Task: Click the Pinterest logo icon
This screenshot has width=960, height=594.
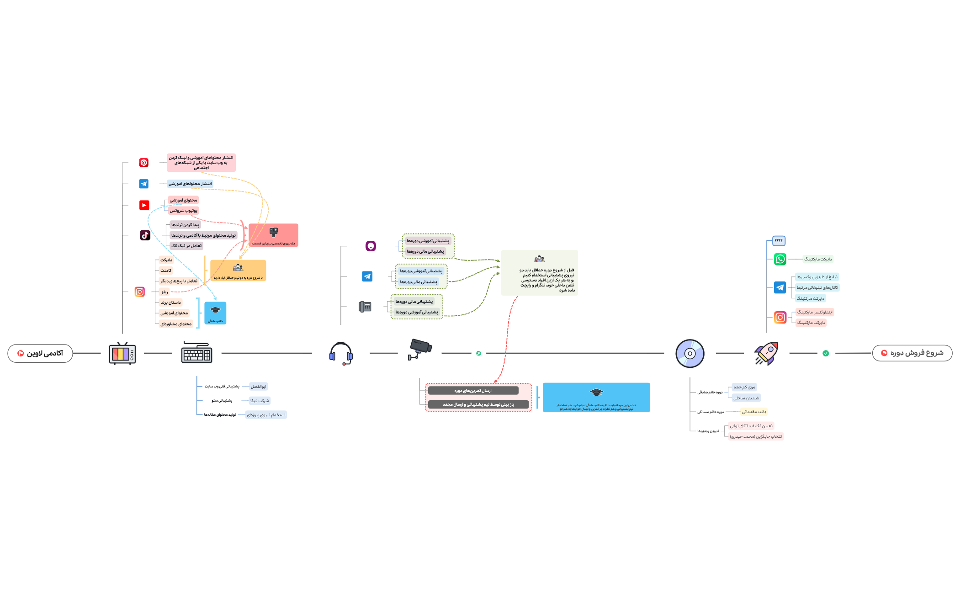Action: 143,163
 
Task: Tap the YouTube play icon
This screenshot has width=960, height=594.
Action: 144,205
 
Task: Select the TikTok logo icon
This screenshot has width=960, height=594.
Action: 145,235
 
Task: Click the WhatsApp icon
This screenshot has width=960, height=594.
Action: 780,259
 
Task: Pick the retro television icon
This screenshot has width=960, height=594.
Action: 122,353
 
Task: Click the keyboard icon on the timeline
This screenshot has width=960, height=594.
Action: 196,353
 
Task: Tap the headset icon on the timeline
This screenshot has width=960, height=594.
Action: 341,353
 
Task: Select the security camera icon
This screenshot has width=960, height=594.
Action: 419,349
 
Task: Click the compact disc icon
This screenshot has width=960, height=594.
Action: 690,353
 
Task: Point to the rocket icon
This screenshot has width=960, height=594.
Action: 766,353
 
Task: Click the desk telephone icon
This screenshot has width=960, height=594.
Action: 365,307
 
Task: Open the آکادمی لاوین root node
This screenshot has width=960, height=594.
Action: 40,353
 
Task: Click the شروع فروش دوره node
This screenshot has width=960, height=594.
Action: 912,353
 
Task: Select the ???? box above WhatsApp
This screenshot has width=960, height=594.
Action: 779,240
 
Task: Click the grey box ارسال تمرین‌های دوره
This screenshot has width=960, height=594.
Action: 473,391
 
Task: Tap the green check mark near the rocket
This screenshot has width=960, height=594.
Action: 825,353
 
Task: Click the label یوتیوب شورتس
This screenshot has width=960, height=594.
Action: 183,211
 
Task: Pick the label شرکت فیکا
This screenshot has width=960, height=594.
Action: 260,401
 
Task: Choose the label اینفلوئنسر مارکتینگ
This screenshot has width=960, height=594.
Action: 814,312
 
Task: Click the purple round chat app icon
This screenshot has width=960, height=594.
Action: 371,246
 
